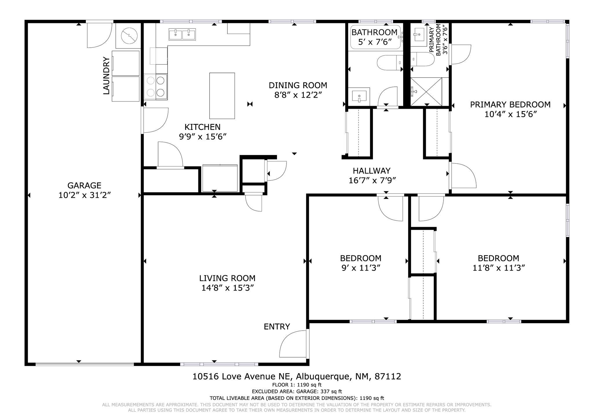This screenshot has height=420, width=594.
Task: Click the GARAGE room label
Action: [84, 185]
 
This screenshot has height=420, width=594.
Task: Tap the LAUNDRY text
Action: [106, 76]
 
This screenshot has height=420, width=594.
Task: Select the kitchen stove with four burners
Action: [156, 87]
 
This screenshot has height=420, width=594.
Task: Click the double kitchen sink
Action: [182, 34]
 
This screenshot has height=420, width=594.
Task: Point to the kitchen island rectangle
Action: [222, 96]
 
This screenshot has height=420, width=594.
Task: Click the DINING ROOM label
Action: [298, 85]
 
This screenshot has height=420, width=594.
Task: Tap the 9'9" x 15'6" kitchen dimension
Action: [202, 137]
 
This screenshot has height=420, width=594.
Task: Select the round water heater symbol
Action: [129, 35]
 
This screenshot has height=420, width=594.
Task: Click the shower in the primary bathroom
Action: [426, 91]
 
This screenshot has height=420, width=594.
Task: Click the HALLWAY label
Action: [372, 171]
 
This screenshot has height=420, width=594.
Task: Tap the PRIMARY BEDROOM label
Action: [510, 104]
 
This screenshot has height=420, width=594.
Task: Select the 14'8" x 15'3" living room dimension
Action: [228, 288]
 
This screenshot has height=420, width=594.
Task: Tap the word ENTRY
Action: [277, 327]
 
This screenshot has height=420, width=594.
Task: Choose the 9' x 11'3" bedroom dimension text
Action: [361, 268]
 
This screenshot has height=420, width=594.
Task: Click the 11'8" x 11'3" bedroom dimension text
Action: [499, 268]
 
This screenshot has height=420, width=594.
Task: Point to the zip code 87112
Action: [388, 376]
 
